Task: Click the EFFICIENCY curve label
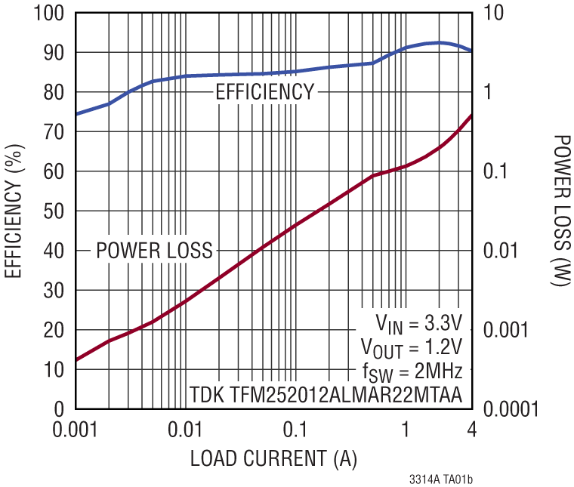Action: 264,92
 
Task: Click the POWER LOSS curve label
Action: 154,250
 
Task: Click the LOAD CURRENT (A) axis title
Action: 273,458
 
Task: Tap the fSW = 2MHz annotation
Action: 412,371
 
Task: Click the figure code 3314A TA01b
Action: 445,479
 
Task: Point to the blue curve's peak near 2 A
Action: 439,42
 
